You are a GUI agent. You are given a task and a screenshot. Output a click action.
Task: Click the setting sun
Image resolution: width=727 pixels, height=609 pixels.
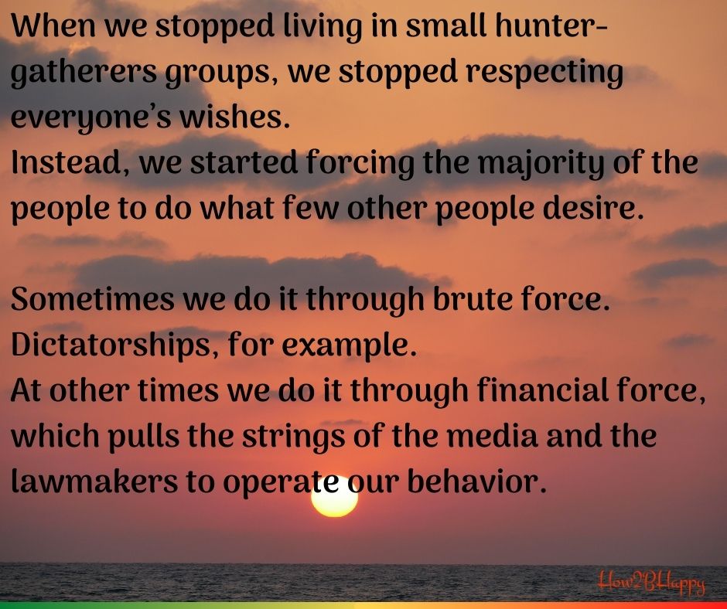click(334, 498)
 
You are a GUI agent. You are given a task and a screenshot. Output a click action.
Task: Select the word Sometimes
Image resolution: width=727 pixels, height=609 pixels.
click(92, 299)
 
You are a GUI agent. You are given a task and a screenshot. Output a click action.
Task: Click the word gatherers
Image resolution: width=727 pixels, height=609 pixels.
click(84, 74)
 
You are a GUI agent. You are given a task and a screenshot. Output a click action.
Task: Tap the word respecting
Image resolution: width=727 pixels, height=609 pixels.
click(544, 74)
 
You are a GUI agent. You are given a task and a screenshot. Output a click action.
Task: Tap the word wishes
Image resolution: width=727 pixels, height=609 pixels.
click(234, 117)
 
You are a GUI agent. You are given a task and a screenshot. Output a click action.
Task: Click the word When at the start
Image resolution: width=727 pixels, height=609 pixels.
click(53, 26)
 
